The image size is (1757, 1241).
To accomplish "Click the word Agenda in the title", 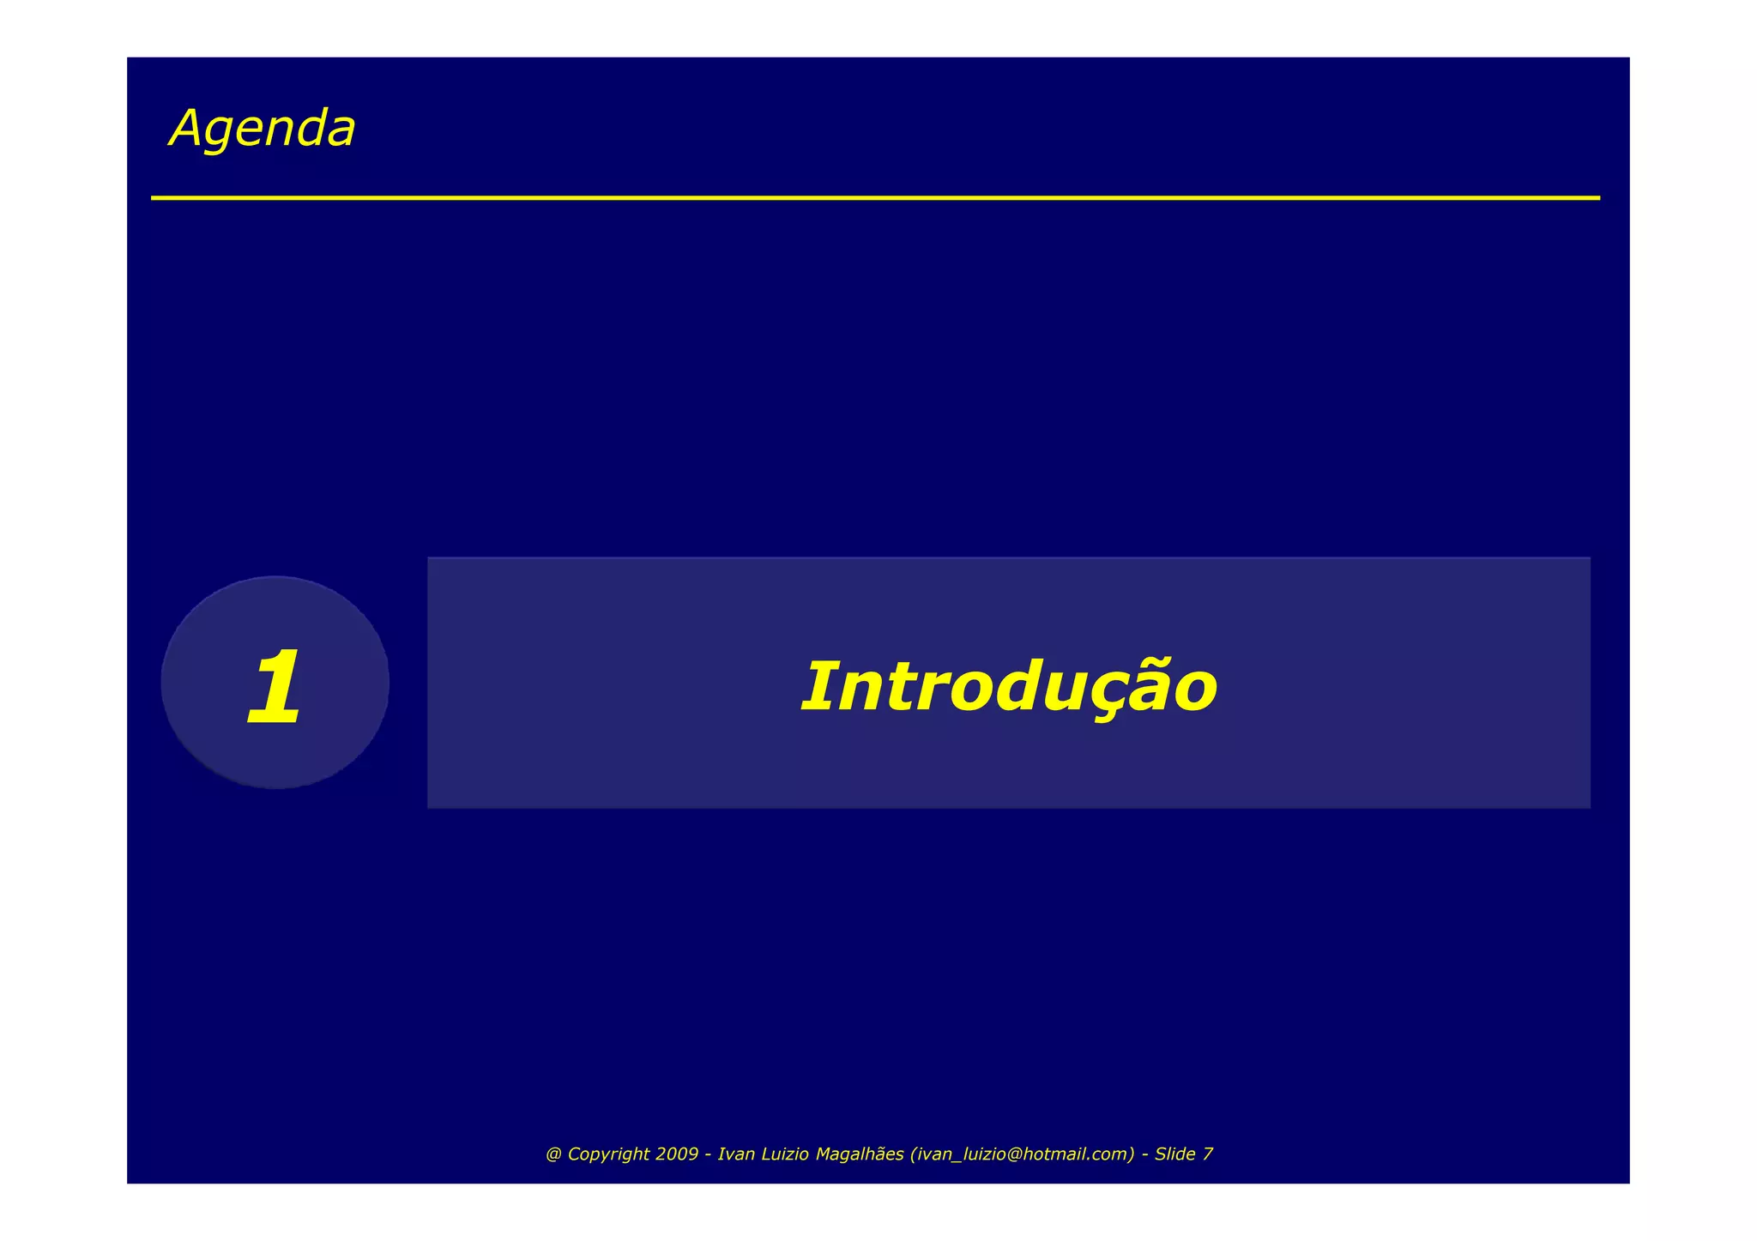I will [x=263, y=129].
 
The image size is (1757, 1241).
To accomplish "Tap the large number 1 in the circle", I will [x=274, y=687].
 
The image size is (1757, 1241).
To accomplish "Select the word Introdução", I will [x=1008, y=687].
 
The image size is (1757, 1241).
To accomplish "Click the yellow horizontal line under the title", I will [x=875, y=198].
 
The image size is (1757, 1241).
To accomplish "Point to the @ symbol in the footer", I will [x=553, y=1154].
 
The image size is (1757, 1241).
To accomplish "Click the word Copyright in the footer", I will [x=608, y=1154].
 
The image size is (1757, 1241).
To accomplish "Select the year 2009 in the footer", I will [x=677, y=1154].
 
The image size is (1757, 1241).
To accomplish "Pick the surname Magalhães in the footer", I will [x=860, y=1154].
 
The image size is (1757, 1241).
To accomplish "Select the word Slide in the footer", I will [x=1175, y=1154].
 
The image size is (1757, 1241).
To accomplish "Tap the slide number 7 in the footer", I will [x=1208, y=1154].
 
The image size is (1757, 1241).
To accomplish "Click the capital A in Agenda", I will [x=186, y=129].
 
